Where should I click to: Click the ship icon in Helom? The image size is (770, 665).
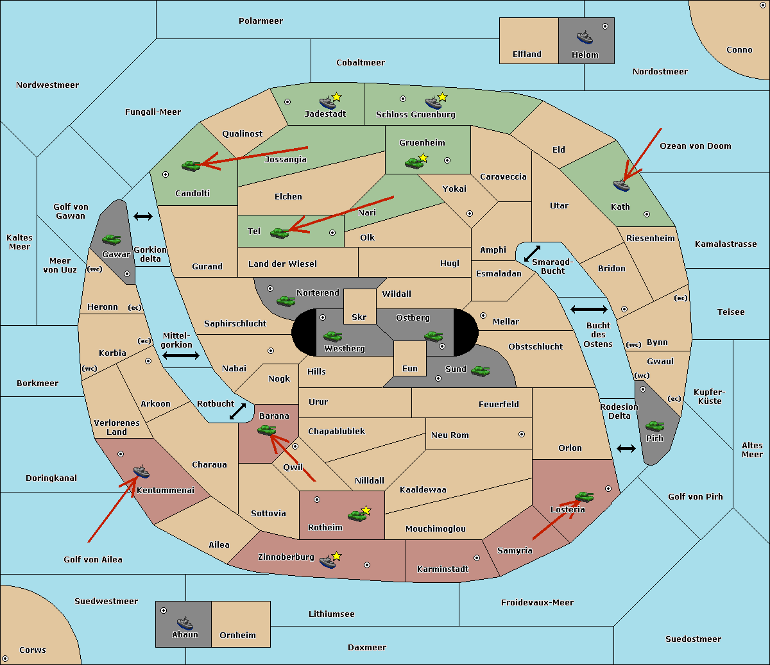585,37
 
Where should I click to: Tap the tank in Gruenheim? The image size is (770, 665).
414,163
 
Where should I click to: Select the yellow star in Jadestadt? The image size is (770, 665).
336,97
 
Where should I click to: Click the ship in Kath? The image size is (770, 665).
621,185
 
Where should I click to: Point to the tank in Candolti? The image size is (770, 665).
191,165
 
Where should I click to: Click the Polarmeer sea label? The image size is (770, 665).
261,21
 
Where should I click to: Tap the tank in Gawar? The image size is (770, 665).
112,239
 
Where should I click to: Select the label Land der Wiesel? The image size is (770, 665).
282,264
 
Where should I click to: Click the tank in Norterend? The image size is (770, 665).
286,301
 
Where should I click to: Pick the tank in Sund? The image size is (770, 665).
480,371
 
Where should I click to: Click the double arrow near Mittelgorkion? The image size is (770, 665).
181,355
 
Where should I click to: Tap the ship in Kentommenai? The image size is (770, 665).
141,471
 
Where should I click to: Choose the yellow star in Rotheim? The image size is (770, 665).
366,510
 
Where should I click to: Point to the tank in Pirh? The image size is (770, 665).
654,426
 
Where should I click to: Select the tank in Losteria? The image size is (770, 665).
584,496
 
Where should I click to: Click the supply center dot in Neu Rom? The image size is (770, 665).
522,434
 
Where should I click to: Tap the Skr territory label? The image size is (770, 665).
359,317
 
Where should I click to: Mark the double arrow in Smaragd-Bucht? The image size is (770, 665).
532,253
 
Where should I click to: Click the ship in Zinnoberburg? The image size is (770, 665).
328,561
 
